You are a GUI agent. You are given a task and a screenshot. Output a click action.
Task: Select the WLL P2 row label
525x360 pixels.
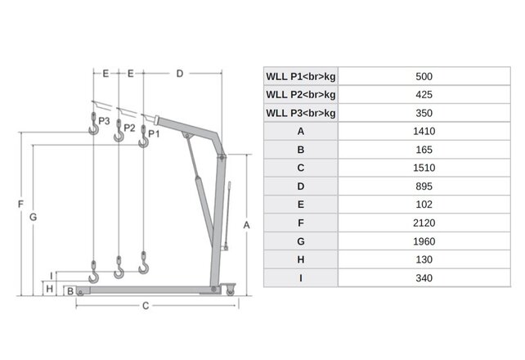point(301,94)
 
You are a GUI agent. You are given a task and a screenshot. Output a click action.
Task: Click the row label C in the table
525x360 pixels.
point(301,168)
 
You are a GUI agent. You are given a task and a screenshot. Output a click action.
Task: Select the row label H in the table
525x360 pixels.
point(301,259)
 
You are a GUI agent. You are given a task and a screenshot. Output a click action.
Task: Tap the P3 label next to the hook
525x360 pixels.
point(104,120)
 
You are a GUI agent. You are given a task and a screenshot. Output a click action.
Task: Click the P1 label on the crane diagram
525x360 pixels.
point(154,133)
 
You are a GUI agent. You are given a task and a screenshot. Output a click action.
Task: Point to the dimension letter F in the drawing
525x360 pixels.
point(19,204)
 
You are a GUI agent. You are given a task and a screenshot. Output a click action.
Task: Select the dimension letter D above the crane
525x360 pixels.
point(179,73)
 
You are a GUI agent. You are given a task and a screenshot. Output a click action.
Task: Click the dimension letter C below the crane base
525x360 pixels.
point(145,307)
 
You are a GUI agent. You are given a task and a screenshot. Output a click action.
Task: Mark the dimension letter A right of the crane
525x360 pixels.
point(246,223)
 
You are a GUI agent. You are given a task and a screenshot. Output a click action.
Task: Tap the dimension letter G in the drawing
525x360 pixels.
point(33,217)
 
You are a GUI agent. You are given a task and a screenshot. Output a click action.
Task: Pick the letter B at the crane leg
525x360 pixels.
point(71,290)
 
